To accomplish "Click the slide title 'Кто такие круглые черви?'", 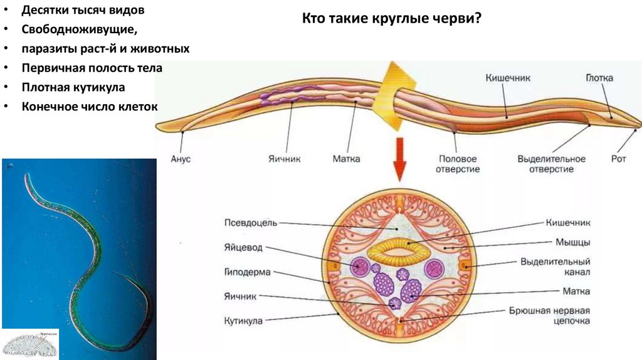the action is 392,19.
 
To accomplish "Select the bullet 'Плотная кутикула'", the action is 73,87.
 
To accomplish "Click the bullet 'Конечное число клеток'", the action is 89,107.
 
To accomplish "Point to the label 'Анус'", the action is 181,159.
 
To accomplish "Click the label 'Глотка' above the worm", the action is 599,78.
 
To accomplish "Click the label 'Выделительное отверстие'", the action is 551,164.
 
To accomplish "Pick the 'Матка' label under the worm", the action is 346,159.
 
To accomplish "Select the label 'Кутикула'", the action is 243,320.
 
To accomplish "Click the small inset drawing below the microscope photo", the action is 30,343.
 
